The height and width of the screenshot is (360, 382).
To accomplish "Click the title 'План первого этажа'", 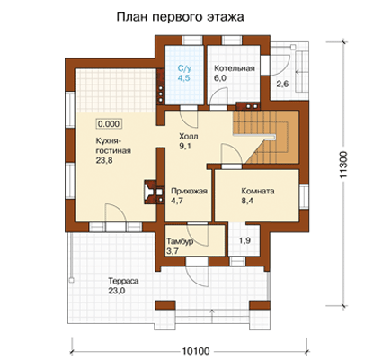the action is [x=180, y=17].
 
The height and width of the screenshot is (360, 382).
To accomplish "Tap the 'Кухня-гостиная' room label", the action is [x=113, y=146].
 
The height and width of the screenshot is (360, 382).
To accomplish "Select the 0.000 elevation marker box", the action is [x=109, y=123].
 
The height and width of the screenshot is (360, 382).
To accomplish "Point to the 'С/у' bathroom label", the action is [x=184, y=68].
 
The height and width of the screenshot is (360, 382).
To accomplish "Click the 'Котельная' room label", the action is [x=235, y=68].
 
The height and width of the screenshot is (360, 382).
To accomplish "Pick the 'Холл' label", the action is [x=189, y=137].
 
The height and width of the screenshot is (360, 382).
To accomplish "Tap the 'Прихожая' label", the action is [x=189, y=192].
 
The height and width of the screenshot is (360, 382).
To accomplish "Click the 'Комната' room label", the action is [x=258, y=191].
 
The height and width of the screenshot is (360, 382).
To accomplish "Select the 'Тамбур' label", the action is [x=180, y=241].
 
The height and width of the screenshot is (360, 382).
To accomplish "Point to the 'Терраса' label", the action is [x=123, y=282].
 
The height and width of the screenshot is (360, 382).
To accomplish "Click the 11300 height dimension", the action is [x=343, y=166].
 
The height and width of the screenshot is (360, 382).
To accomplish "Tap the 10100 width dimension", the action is [x=196, y=351].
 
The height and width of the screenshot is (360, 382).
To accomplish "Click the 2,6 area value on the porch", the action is [x=282, y=84].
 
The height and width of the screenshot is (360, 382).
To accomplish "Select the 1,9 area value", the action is [x=244, y=240].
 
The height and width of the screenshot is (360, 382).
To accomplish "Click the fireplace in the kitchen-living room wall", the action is [x=154, y=192].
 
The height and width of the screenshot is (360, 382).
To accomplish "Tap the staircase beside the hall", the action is [x=266, y=137].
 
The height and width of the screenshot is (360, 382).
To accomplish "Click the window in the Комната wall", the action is [x=304, y=197].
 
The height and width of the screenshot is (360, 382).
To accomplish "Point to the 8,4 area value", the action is [x=247, y=201].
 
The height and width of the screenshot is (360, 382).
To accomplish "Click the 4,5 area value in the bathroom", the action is [x=184, y=78].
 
